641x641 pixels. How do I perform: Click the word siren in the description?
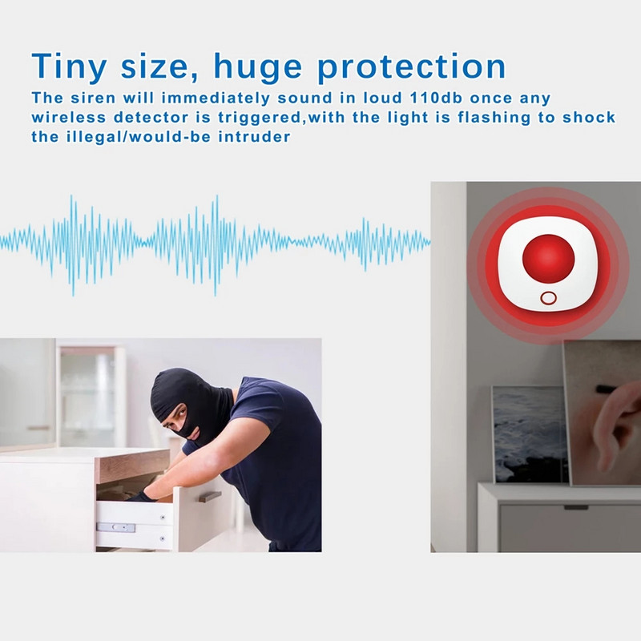95,98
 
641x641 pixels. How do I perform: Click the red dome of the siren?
548,258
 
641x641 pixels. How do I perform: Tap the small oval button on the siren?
548,298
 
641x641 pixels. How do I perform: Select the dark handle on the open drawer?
211,497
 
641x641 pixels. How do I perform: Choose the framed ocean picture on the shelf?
529,433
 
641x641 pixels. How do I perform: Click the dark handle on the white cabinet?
575,506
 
